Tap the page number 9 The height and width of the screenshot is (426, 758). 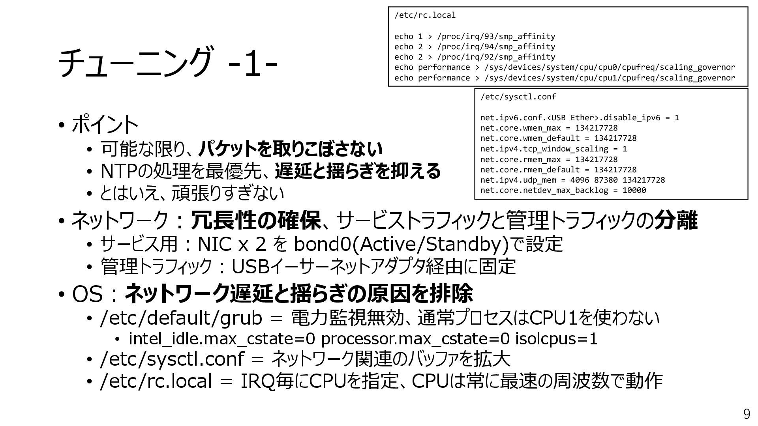(746, 414)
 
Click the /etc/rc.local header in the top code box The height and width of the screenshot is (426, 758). (425, 15)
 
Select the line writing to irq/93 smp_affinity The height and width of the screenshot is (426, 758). (475, 37)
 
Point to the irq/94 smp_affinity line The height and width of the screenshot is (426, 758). (475, 47)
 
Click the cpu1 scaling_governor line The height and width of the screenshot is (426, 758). (565, 78)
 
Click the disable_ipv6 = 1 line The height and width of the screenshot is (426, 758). (580, 118)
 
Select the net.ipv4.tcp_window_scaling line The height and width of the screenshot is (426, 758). (553, 149)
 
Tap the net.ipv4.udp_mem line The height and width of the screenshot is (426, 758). (572, 180)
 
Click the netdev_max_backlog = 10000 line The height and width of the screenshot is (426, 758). (563, 191)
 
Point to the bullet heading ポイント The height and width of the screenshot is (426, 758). (105, 125)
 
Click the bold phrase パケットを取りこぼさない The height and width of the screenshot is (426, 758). (290, 149)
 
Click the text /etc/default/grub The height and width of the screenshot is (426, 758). (181, 318)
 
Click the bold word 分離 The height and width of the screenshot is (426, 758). (676, 220)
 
